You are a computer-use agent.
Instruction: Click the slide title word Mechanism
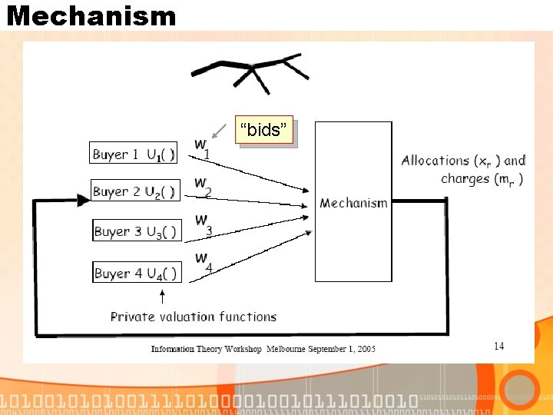(91, 15)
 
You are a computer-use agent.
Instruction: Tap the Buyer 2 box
(135, 191)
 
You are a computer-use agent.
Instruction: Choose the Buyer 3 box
(136, 231)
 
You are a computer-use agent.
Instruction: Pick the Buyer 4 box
(136, 272)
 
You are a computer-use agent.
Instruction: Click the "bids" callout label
(266, 131)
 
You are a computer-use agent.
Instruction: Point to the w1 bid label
(202, 148)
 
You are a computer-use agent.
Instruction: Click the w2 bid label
(203, 187)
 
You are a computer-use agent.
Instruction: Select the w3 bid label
(204, 225)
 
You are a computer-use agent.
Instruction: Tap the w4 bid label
(204, 262)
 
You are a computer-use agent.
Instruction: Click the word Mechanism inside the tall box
(353, 203)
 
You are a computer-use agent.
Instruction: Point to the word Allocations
(435, 161)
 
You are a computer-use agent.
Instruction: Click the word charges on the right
(465, 179)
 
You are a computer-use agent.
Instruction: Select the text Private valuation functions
(194, 317)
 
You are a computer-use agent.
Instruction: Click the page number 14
(499, 346)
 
